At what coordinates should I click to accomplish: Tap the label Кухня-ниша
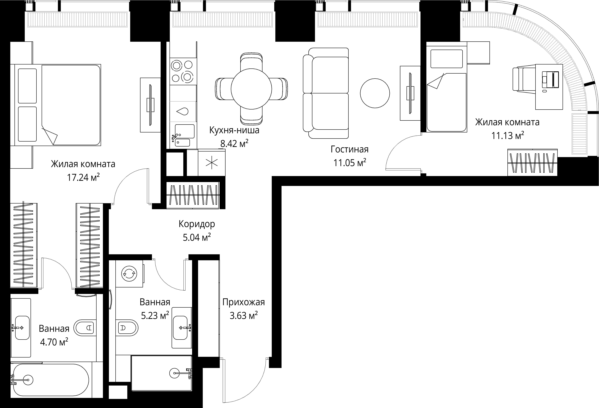[x=234, y=130]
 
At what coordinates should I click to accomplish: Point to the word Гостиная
[x=350, y=150]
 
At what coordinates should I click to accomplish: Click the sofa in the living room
[x=326, y=93]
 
